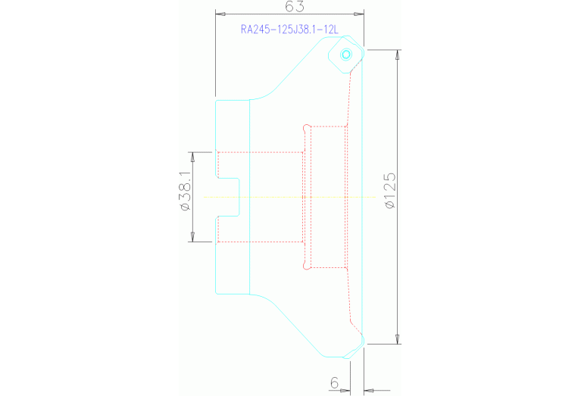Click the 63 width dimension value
(295, 6)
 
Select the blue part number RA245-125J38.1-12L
(289, 30)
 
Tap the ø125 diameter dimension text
(390, 191)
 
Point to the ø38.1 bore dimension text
(185, 191)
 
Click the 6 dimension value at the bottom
(334, 382)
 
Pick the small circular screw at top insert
(346, 55)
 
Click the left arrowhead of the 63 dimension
(220, 14)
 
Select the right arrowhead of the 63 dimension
(359, 14)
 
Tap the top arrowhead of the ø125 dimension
(398, 55)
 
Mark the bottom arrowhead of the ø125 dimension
(398, 339)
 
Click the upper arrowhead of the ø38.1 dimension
(192, 157)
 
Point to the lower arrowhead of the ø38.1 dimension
(192, 237)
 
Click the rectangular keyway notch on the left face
(227, 197)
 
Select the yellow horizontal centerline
(289, 197)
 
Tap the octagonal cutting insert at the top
(346, 54)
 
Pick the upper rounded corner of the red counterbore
(307, 128)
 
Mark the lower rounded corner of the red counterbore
(307, 265)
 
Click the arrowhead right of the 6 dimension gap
(369, 390)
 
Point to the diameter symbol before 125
(390, 204)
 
